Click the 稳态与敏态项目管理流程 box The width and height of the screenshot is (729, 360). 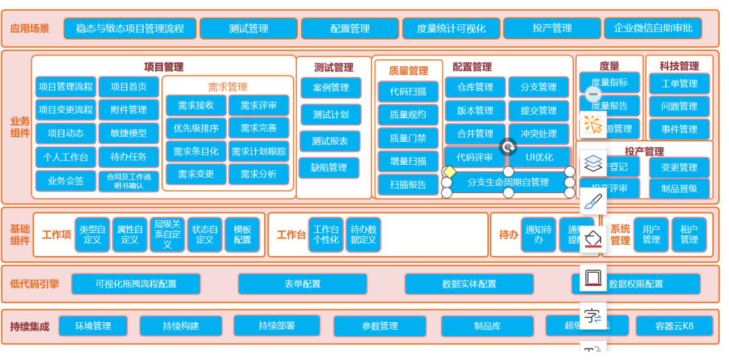pos(130,28)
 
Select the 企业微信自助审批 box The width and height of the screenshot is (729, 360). pos(653,28)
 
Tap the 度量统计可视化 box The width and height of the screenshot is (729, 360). pos(451,28)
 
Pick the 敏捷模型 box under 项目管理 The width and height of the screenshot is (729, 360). pos(129,133)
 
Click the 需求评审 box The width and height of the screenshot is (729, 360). pos(259,105)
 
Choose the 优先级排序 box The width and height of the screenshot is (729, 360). pos(196,128)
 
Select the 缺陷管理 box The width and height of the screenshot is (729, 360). pos(329,168)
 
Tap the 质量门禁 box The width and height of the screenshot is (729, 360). pos(408,138)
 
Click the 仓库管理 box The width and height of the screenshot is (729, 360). pos(475,87)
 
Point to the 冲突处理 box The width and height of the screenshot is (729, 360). pos(539,134)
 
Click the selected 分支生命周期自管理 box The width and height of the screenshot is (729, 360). pos(508,182)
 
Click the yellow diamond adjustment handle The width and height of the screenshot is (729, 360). pos(450,172)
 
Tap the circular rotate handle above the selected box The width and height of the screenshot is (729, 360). pos(508,147)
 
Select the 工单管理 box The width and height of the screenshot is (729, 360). pos(679,84)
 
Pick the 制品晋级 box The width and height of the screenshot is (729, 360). pos(679,188)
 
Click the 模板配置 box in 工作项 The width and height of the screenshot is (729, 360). pos(242,234)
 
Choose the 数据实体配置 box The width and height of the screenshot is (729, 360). pos(469,284)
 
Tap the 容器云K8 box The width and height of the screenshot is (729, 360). pos(674,326)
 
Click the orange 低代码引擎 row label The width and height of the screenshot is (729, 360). pos(34,284)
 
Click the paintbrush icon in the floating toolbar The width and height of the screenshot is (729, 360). pos(593,201)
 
